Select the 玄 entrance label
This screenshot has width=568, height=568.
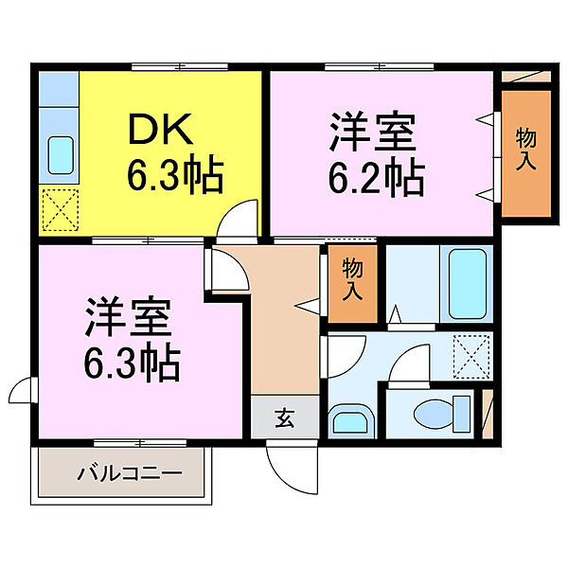pyautogui.click(x=283, y=417)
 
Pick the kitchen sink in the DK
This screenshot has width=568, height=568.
pyautogui.click(x=60, y=155)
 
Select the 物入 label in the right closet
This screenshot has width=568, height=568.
pyautogui.click(x=525, y=150)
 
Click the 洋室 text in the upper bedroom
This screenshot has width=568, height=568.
pyautogui.click(x=372, y=133)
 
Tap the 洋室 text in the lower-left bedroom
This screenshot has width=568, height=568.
pyautogui.click(x=128, y=317)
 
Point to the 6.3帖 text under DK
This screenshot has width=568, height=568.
pyautogui.click(x=175, y=177)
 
